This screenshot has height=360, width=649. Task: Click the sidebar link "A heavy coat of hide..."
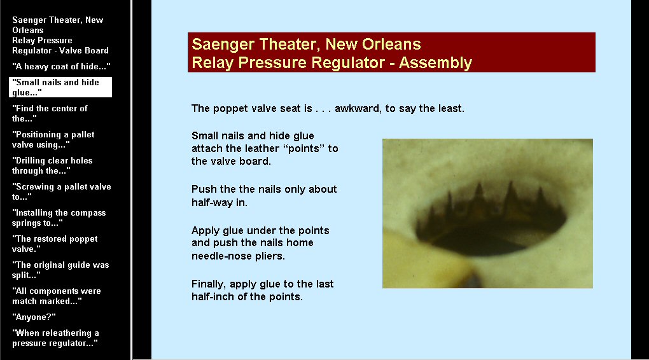(x=61, y=66)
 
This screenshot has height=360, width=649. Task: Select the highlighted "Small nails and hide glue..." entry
(x=60, y=87)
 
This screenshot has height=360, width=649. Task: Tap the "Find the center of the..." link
(x=50, y=113)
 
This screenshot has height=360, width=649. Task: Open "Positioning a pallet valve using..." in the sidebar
(x=53, y=139)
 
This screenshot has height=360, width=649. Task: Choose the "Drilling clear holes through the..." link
(x=52, y=165)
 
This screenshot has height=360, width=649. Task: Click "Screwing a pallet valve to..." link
(x=61, y=191)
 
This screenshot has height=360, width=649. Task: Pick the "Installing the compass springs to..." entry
(x=59, y=218)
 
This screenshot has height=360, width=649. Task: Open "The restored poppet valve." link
(x=55, y=244)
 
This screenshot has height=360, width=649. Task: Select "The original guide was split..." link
(x=60, y=270)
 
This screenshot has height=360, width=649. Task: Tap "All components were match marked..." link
(x=56, y=296)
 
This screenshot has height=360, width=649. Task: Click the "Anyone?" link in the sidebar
(x=34, y=317)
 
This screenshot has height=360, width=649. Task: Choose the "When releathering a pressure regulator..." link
(x=55, y=338)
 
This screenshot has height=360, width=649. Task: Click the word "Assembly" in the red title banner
(x=435, y=63)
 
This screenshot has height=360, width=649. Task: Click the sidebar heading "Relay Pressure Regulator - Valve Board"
(x=60, y=46)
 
